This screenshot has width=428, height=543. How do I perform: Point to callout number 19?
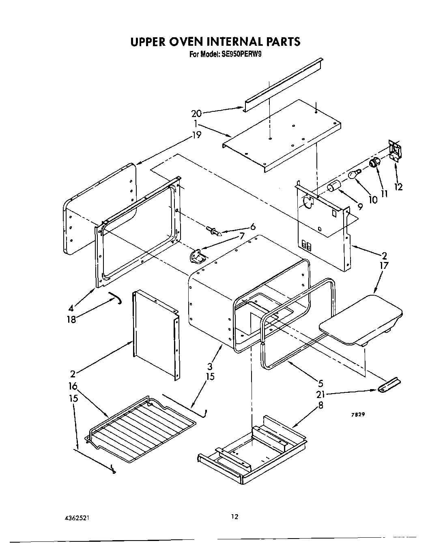point(197,134)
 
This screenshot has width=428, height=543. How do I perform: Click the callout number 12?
point(399,187)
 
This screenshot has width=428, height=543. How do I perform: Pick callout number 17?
point(384,266)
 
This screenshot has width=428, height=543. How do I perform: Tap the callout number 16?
point(73,387)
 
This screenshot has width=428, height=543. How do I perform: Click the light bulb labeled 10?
point(354,175)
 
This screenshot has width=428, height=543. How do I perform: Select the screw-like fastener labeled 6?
point(214,231)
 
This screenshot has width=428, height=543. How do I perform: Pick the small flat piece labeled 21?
point(389,385)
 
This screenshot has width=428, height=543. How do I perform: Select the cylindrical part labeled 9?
point(334,187)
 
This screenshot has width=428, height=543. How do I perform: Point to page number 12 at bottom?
point(234,516)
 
